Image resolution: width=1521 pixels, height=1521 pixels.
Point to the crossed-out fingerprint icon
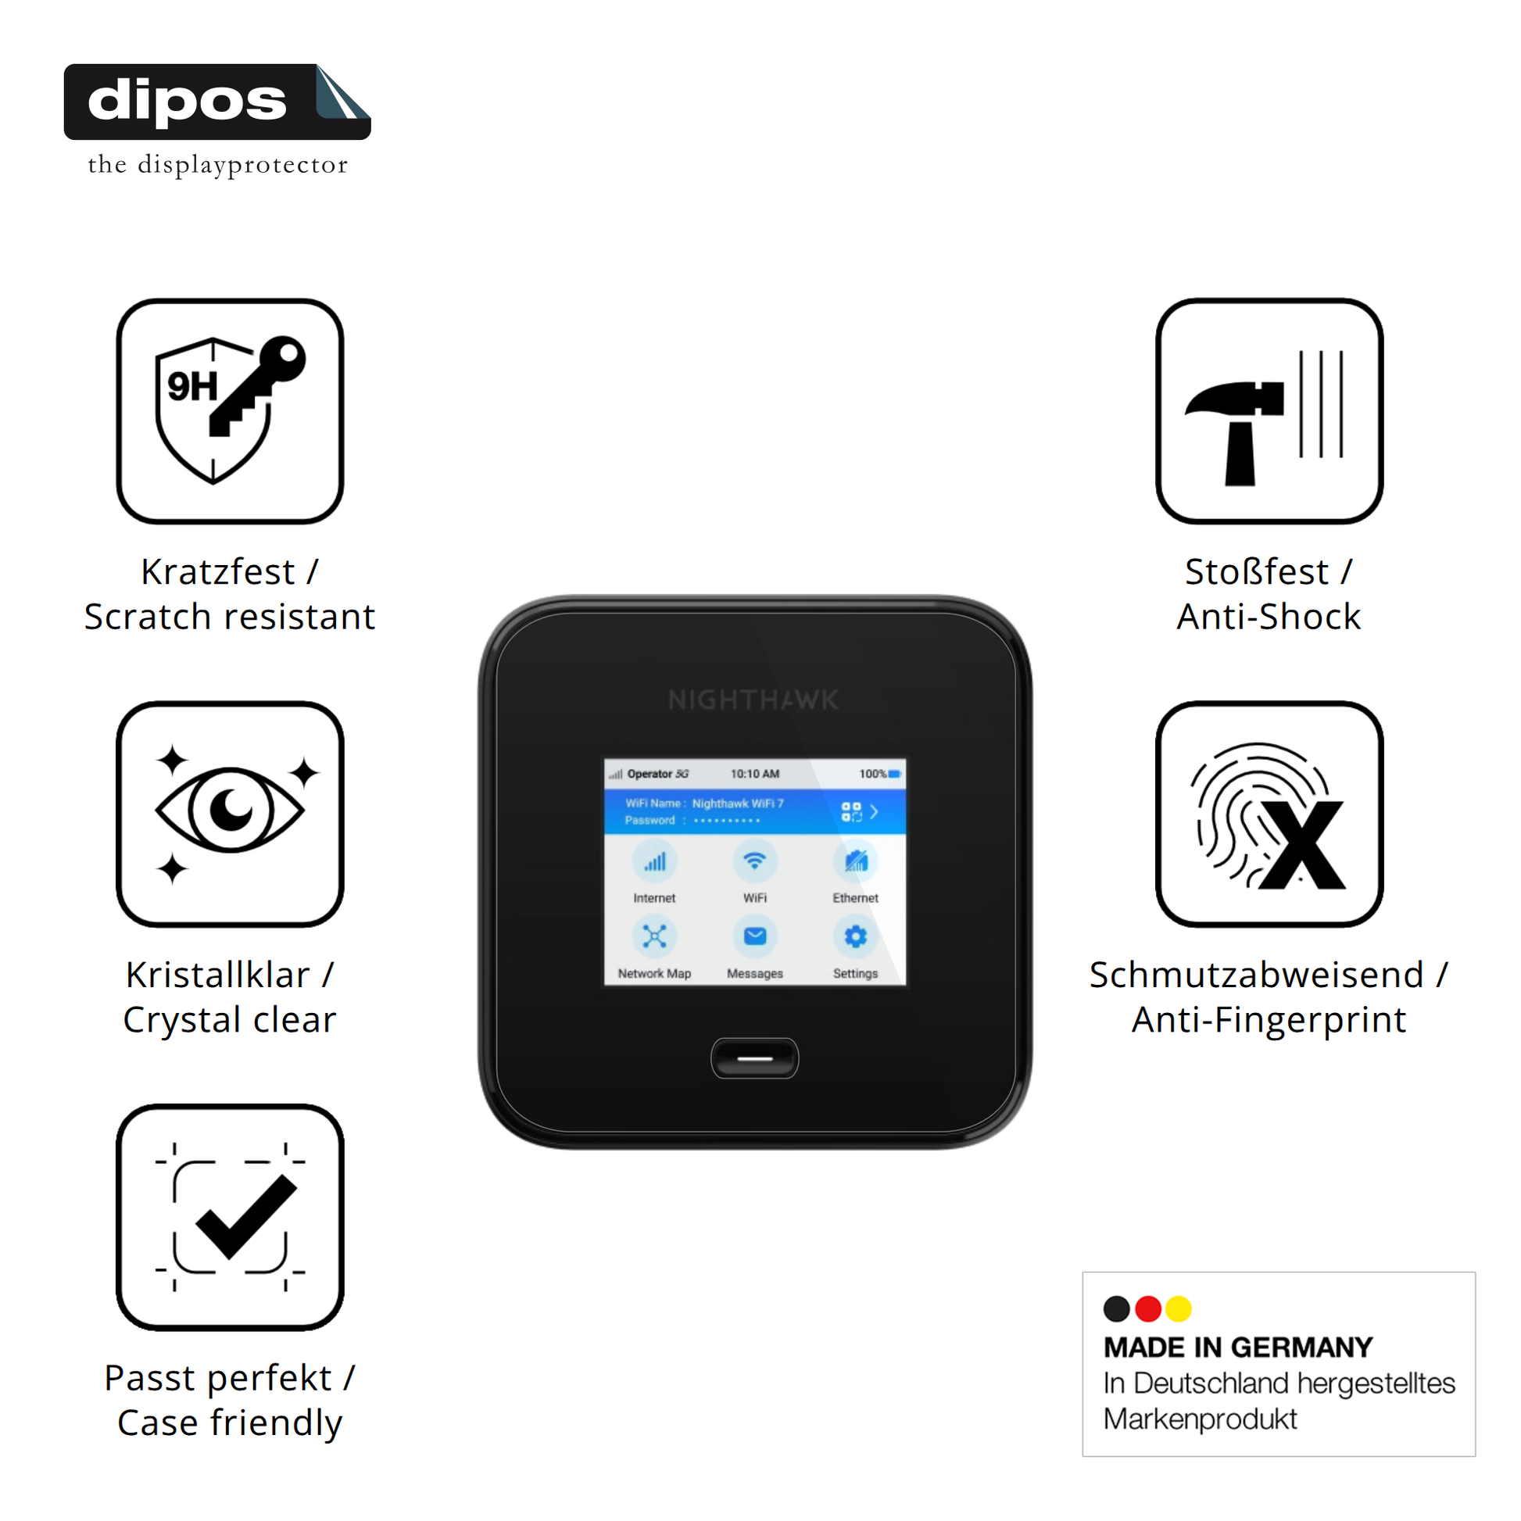(1269, 814)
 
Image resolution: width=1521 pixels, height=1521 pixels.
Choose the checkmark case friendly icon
(230, 1217)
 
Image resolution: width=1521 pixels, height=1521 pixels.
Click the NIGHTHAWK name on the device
(753, 700)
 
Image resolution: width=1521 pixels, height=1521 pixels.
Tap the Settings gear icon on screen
(855, 936)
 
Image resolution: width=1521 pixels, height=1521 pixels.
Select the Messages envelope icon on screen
(755, 936)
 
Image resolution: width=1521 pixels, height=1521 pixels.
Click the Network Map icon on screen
(654, 936)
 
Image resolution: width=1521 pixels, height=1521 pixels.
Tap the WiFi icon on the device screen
(755, 861)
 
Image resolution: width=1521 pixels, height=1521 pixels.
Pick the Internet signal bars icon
(654, 861)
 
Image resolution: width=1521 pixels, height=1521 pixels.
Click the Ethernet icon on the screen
(855, 861)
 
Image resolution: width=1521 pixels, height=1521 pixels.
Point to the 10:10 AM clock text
(755, 774)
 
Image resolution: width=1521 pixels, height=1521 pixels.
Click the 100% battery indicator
(879, 774)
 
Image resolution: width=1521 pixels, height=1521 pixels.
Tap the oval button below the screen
(754, 1058)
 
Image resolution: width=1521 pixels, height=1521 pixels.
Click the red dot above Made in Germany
(1148, 1308)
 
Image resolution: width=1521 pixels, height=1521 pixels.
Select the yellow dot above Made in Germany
(1178, 1308)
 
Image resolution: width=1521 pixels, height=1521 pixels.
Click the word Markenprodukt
(1200, 1419)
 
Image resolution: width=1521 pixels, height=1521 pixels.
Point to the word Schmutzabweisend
(1257, 975)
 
